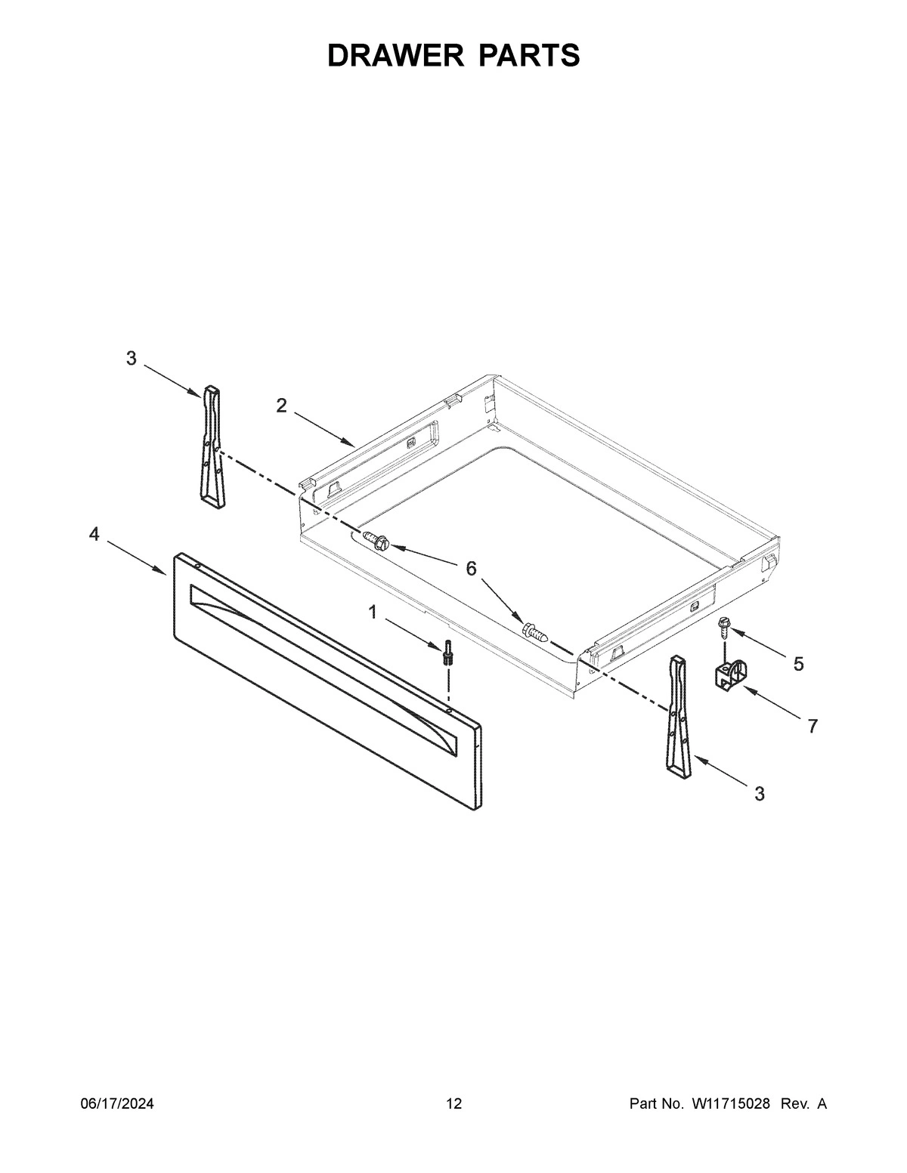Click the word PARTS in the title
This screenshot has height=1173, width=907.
click(x=528, y=55)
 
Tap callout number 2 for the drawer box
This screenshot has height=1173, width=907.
click(x=281, y=406)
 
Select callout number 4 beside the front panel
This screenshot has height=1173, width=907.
click(x=94, y=535)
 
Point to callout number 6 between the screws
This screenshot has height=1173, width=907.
click(x=471, y=568)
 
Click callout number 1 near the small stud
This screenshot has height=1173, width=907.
click(x=373, y=612)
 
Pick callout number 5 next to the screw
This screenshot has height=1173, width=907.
click(x=798, y=664)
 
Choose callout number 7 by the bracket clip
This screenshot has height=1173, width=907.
click(x=813, y=727)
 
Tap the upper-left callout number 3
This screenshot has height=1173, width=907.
click(x=132, y=359)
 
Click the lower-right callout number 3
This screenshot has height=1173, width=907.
click(x=759, y=794)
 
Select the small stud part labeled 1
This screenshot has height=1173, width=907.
click(x=450, y=651)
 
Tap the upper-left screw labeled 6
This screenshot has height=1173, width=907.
click(x=376, y=539)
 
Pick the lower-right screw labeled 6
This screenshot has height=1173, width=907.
click(x=534, y=631)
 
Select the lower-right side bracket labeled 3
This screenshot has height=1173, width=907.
click(x=679, y=717)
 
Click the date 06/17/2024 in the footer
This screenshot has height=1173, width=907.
click(x=117, y=1104)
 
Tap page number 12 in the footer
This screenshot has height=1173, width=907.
click(x=453, y=1104)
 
